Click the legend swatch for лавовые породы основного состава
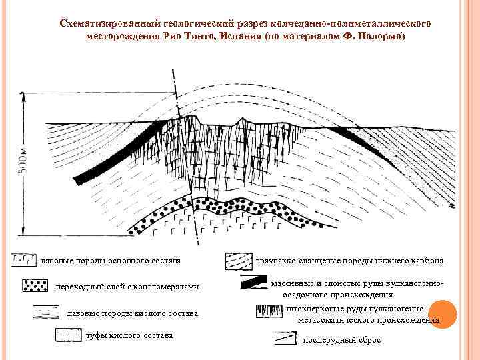tap(25, 259)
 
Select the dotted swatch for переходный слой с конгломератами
tap(35, 286)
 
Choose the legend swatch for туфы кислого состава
tap(68, 335)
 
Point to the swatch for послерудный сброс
tap(285, 339)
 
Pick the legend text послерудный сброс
tap(341, 340)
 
